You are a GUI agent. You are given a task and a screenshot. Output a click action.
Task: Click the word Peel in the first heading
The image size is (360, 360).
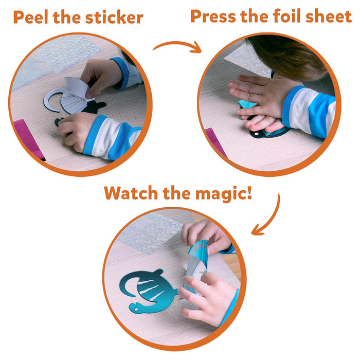[30, 17]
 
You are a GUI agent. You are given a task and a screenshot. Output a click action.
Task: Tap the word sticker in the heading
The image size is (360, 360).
[114, 17]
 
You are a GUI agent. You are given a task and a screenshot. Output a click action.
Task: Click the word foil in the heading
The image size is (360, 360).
[287, 16]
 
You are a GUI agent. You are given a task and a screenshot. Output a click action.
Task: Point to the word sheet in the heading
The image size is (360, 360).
[329, 16]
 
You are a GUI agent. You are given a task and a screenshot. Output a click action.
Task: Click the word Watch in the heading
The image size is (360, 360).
[131, 193]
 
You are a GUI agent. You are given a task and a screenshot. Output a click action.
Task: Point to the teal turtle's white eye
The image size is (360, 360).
[136, 310]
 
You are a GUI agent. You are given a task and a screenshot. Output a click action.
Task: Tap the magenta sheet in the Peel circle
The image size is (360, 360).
[28, 138]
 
